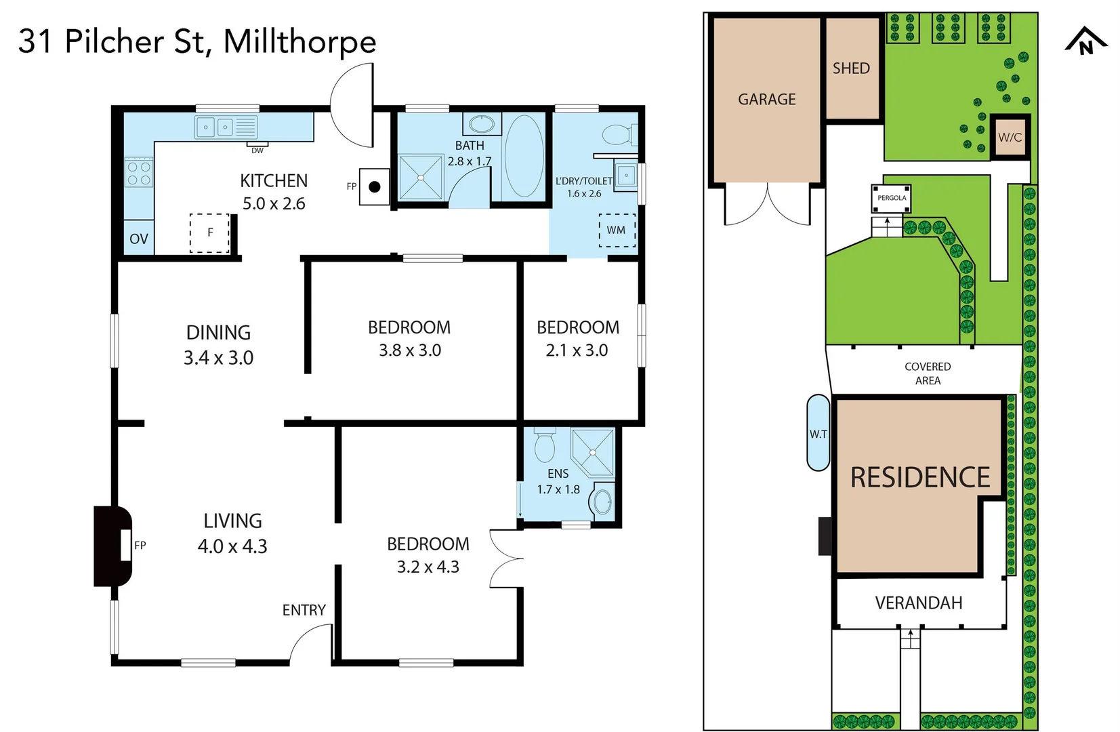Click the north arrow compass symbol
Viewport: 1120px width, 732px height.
tap(1085, 41)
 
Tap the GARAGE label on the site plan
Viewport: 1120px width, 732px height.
tap(766, 100)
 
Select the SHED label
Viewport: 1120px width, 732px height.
tap(851, 68)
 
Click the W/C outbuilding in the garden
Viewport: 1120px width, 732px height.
tap(1010, 138)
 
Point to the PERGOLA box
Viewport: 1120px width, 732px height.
tap(891, 198)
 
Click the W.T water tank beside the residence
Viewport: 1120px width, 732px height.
tap(818, 433)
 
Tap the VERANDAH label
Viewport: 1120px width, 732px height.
tap(918, 603)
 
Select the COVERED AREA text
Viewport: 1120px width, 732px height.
tap(928, 373)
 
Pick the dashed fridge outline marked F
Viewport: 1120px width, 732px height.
tap(209, 232)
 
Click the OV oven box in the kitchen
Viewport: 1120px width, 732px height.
tap(138, 239)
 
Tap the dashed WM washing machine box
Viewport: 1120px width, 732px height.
tap(617, 230)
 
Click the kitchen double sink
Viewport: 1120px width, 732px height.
tap(215, 127)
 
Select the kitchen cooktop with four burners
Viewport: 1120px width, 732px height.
tap(139, 173)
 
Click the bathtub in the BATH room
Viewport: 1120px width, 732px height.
tap(524, 155)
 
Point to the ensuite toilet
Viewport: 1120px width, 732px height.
tap(545, 445)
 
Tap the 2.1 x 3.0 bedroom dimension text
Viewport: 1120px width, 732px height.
tap(577, 350)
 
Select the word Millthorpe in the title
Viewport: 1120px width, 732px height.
tap(299, 42)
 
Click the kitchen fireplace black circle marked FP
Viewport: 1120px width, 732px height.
tap(374, 186)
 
